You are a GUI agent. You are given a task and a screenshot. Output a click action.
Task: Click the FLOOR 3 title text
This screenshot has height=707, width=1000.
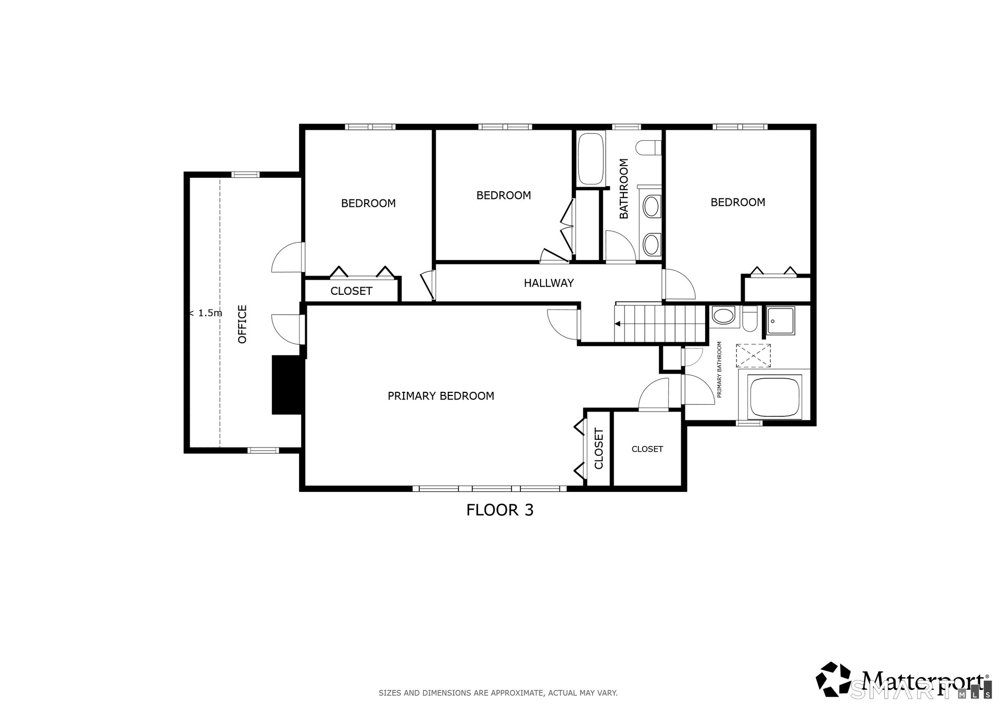click(x=499, y=510)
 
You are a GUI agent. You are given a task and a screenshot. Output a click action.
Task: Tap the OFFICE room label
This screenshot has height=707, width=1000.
click(x=242, y=324)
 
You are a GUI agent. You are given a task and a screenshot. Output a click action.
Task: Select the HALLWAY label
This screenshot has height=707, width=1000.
click(x=548, y=283)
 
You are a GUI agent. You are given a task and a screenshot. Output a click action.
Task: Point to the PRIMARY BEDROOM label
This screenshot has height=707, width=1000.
click(x=441, y=396)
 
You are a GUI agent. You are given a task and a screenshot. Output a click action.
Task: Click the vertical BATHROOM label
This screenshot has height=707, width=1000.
click(x=623, y=189)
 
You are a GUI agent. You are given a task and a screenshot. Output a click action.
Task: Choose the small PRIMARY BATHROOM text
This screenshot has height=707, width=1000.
click(x=719, y=369)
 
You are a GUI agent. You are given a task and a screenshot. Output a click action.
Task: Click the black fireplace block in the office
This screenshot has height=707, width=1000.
click(x=287, y=385)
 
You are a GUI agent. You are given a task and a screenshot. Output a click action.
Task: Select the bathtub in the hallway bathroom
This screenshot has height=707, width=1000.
click(x=590, y=158)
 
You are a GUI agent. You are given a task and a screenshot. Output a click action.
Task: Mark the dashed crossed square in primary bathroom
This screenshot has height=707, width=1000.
click(x=753, y=356)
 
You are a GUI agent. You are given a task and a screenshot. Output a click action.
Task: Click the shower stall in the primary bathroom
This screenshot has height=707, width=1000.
click(x=780, y=321)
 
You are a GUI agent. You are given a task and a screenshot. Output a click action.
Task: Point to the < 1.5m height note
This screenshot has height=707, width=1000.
click(x=205, y=313)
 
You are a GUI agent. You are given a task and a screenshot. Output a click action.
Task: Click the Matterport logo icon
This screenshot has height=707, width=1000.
click(x=833, y=679)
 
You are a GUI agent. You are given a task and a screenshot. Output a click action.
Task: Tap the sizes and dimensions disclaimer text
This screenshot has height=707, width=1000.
click(x=498, y=693)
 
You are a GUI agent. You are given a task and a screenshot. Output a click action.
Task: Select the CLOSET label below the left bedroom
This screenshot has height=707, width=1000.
click(x=351, y=291)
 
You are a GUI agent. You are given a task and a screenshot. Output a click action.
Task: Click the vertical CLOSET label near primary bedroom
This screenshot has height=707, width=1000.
click(x=598, y=449)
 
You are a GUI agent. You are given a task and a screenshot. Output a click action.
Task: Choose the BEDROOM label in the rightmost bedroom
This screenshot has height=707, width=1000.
click(x=737, y=202)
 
